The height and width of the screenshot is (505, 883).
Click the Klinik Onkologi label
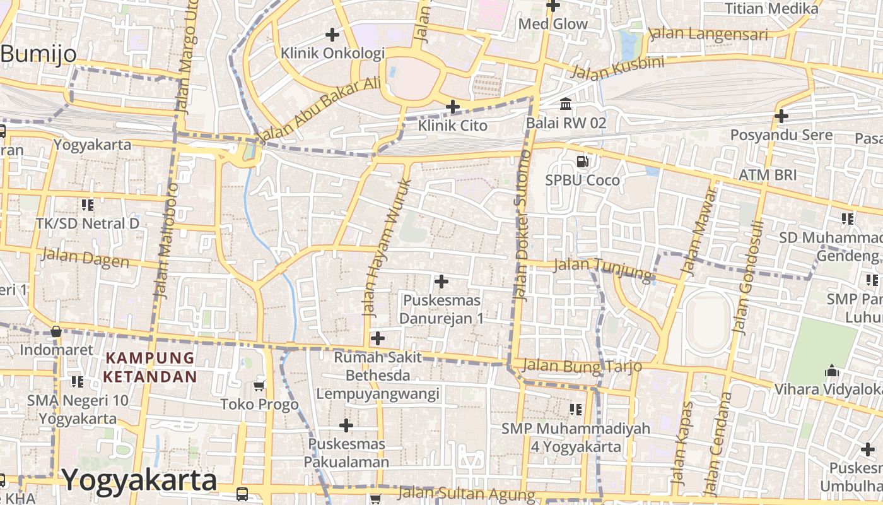click(x=332, y=53)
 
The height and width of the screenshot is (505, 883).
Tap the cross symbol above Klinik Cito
click(x=452, y=107)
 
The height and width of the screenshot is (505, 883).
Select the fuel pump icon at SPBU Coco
click(x=583, y=162)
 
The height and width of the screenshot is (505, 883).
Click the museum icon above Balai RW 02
click(x=566, y=104)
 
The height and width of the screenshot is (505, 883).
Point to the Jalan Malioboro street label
click(x=167, y=240)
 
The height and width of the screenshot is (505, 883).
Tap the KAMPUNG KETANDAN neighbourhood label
click(x=150, y=367)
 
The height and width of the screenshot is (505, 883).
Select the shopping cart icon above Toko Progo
click(x=259, y=386)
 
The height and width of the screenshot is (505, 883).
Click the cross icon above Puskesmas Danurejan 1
click(x=441, y=281)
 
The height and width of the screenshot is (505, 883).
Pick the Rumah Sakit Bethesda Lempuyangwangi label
click(x=377, y=376)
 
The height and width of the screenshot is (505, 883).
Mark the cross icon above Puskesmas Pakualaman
click(x=346, y=425)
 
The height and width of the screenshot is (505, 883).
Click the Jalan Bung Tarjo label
click(x=582, y=365)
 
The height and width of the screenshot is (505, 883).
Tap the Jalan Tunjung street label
click(x=602, y=268)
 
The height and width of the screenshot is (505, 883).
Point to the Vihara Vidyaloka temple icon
click(x=831, y=371)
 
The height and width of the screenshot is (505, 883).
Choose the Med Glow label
click(x=553, y=24)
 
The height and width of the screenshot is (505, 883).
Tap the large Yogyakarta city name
click(x=139, y=480)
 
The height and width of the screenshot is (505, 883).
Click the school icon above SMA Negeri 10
click(x=77, y=381)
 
